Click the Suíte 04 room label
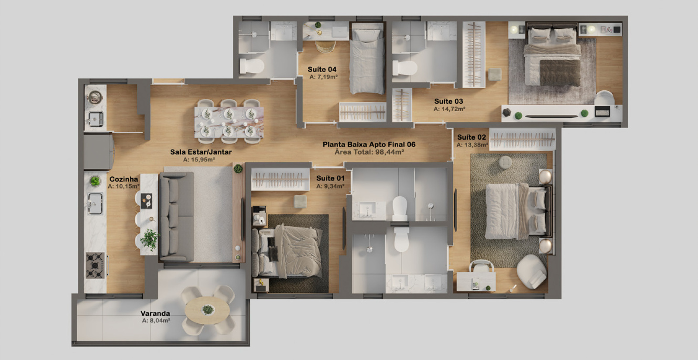click(x=322, y=69)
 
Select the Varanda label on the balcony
click(x=155, y=313)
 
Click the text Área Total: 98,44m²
click(x=369, y=152)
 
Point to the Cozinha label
click(x=124, y=179)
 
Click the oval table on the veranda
click(x=207, y=310)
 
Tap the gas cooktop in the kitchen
click(x=95, y=265)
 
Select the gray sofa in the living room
click(x=177, y=216)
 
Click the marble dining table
click(x=229, y=122)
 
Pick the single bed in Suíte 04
click(x=367, y=58)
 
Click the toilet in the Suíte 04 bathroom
click(x=251, y=66)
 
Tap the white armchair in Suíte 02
click(x=532, y=271)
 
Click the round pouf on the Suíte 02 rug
click(x=505, y=162)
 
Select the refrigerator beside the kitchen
click(x=99, y=151)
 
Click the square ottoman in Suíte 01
click(x=301, y=202)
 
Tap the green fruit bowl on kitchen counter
click(x=95, y=181)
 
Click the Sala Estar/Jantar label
click(x=201, y=152)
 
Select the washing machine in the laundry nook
click(x=95, y=97)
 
